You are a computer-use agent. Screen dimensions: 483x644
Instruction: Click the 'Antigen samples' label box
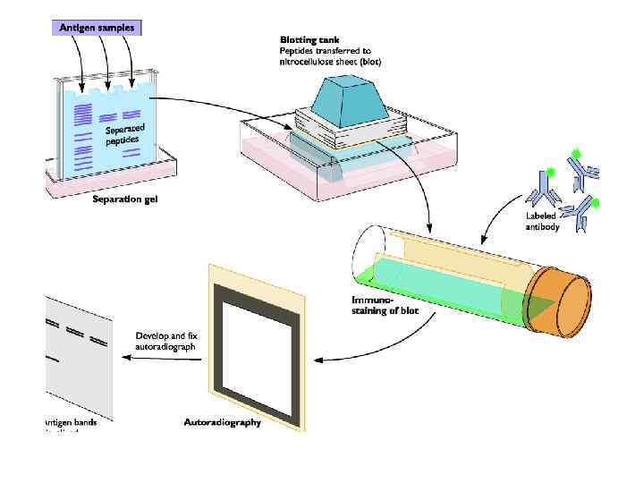(x=97, y=28)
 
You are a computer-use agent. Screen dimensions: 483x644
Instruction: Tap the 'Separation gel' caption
(x=125, y=199)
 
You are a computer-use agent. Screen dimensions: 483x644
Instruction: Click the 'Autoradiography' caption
(x=223, y=422)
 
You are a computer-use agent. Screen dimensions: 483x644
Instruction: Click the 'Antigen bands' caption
(x=71, y=422)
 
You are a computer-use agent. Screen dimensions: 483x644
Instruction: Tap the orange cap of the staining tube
(x=558, y=296)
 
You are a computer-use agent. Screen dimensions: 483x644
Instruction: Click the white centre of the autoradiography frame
(x=258, y=344)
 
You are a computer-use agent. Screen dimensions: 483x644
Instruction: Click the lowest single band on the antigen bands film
(x=53, y=360)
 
